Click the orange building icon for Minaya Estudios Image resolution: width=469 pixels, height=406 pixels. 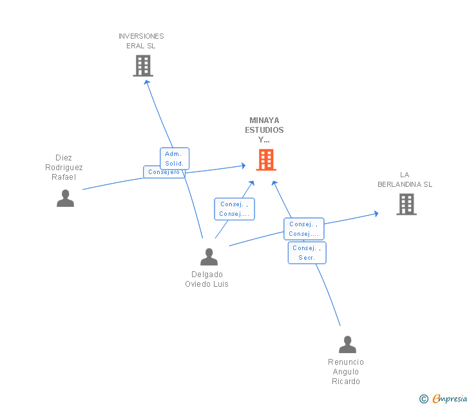tap(266, 160)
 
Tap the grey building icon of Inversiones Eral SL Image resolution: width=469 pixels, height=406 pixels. tap(143, 66)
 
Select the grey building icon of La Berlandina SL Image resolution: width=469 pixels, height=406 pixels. tap(406, 204)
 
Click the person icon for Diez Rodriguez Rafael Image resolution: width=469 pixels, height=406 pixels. tap(65, 198)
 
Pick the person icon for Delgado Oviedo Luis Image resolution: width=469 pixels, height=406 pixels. tap(209, 257)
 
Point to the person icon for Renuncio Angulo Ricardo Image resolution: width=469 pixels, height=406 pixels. tap(347, 345)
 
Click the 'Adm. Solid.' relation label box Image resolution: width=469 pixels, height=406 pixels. tap(174, 159)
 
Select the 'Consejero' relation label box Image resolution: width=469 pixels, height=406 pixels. tap(164, 172)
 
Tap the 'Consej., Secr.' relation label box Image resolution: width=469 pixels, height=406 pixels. tap(307, 253)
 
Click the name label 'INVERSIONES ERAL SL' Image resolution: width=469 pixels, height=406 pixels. tap(141, 41)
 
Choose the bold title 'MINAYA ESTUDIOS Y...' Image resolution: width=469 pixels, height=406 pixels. tap(263, 130)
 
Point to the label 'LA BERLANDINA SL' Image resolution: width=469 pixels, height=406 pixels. tap(405, 179)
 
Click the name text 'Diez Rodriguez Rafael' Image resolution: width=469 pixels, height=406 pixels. tap(64, 168)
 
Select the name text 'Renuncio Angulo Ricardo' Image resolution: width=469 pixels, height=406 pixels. tap(346, 372)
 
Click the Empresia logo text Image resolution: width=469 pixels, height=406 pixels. tap(449, 399)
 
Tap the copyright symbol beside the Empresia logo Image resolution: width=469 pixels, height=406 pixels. tap(424, 399)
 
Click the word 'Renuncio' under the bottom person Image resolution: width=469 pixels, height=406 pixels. tap(346, 362)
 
